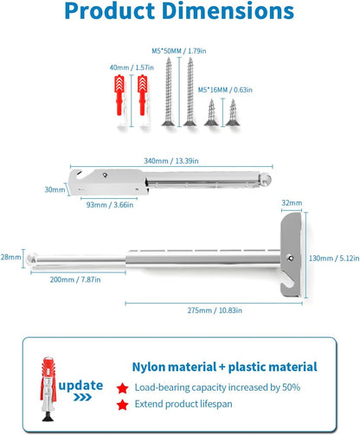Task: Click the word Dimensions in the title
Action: [228, 10]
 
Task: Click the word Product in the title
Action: [110, 10]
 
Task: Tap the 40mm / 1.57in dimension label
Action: [132, 67]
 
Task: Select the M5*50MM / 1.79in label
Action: [179, 51]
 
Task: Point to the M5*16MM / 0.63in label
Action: [225, 90]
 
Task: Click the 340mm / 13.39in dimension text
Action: [171, 161]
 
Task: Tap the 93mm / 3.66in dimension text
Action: [110, 205]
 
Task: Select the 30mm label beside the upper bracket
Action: [55, 189]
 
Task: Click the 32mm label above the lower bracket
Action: [292, 203]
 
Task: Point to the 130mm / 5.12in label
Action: [334, 259]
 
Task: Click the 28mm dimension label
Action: [10, 257]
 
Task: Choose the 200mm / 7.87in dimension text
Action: [75, 279]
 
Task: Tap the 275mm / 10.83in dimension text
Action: [215, 310]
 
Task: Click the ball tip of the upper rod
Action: [266, 179]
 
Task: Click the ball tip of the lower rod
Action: [32, 258]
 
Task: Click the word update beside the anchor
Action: [80, 386]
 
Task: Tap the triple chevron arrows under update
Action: [82, 398]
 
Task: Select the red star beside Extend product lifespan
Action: [123, 405]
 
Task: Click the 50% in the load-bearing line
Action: [291, 387]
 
